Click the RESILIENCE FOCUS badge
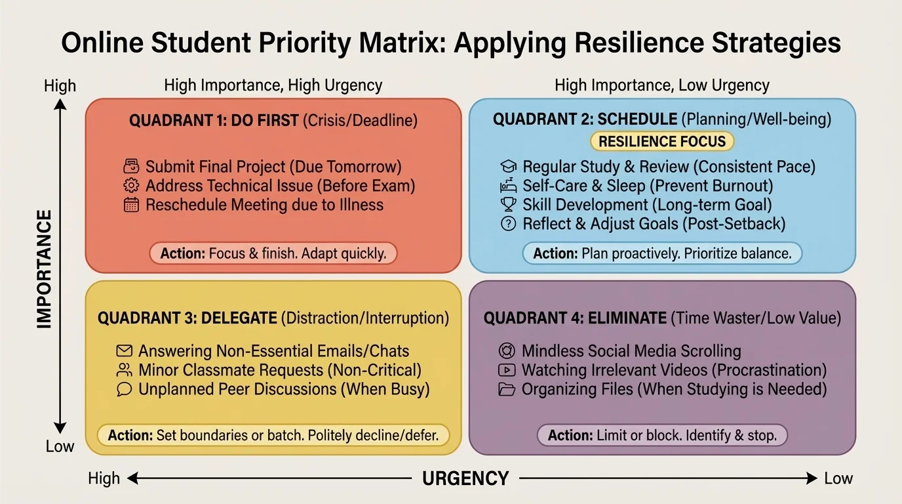(x=662, y=141)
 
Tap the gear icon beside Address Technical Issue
(x=132, y=186)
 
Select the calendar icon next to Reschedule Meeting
(x=132, y=205)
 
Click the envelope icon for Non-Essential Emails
(x=125, y=351)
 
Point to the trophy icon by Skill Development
(x=508, y=205)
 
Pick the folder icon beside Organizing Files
(x=507, y=389)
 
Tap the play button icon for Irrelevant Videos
(x=507, y=370)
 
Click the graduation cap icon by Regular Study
(x=508, y=166)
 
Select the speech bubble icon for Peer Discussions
(x=125, y=389)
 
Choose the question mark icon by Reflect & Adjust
(x=508, y=224)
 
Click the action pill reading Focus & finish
(x=273, y=253)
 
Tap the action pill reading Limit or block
(x=662, y=435)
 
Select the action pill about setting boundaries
(x=273, y=435)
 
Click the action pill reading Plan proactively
(x=662, y=253)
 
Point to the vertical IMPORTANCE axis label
(x=44, y=269)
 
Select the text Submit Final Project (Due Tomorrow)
(x=273, y=167)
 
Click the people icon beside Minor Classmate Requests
(x=125, y=370)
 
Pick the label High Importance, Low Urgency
(x=662, y=85)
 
